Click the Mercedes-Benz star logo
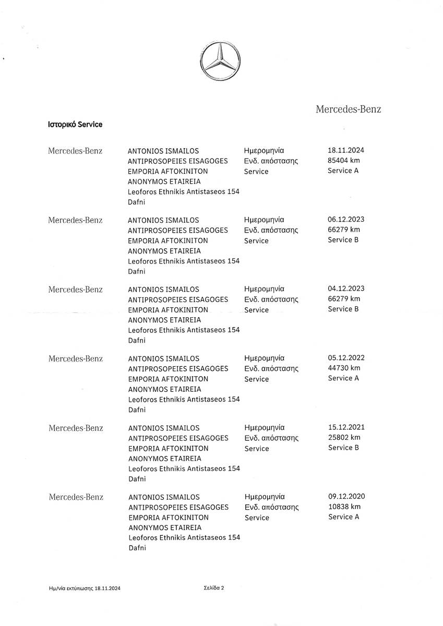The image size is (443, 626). [x=221, y=62]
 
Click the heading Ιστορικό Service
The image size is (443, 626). [x=75, y=125]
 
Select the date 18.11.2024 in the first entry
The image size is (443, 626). [x=342, y=150]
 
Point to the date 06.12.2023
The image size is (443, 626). [x=343, y=220]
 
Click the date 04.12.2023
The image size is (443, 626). [x=343, y=288]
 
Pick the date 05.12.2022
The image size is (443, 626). [x=343, y=358]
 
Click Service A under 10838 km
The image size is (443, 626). [x=344, y=517]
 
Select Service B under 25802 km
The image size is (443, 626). [x=343, y=448]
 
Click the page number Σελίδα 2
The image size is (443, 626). [x=214, y=587]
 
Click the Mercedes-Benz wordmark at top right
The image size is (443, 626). [x=348, y=109]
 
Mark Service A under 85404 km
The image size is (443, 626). [x=343, y=171]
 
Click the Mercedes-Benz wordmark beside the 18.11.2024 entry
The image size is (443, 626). [x=75, y=151]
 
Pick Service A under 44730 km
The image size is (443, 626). [x=343, y=378]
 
